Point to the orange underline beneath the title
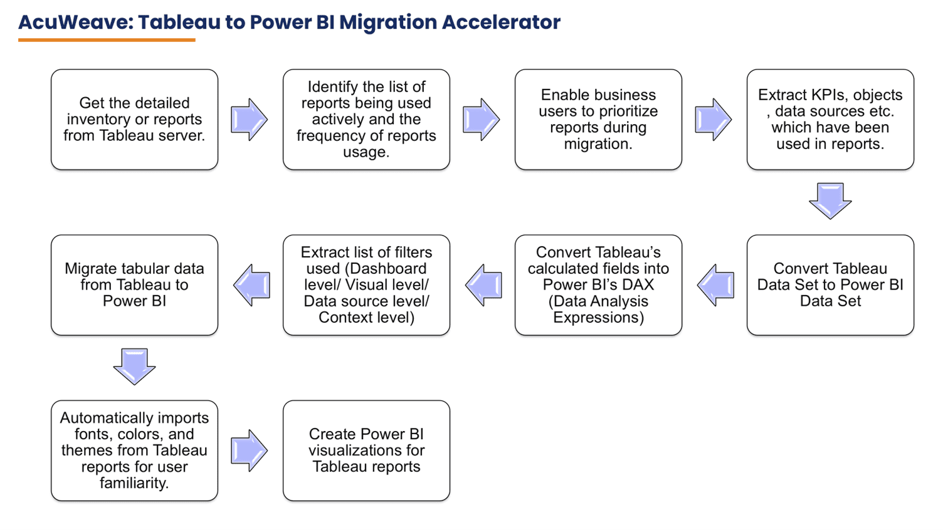(107, 40)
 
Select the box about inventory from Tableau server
(134, 120)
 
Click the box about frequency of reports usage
(366, 120)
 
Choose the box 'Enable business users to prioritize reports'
(598, 120)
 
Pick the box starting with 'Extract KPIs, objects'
(830, 120)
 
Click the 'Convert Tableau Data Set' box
(830, 285)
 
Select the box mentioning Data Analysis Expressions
(598, 285)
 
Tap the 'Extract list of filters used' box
(366, 285)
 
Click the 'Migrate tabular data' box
(134, 285)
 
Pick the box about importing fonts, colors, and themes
(134, 450)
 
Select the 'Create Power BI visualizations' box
(366, 450)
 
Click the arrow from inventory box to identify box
(250, 119)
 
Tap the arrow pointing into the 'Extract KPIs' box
(714, 119)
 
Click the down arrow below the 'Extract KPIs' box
(830, 200)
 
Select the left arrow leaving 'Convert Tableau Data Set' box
(715, 285)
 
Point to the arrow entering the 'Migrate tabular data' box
(251, 285)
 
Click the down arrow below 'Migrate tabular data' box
(134, 366)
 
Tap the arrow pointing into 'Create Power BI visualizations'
(250, 450)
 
